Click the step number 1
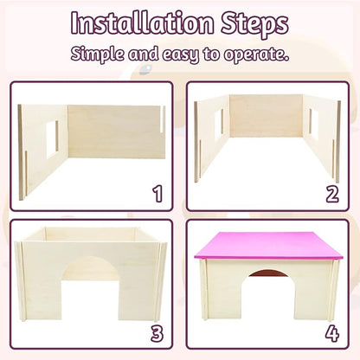click(x=157, y=193)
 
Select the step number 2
click(x=331, y=192)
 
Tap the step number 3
click(x=157, y=332)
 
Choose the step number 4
click(x=332, y=332)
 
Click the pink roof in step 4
click(x=267, y=246)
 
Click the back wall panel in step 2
click(x=266, y=115)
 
